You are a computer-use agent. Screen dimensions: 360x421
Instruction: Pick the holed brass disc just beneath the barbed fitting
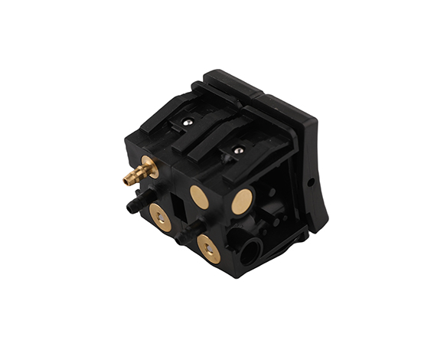(x=161, y=218)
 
